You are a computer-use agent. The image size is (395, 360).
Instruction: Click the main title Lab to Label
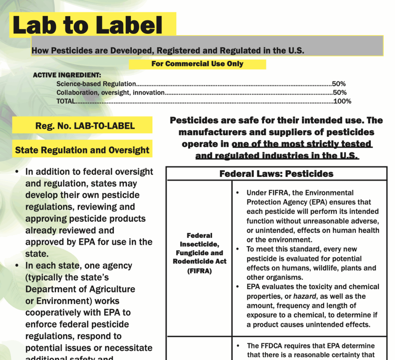(88, 26)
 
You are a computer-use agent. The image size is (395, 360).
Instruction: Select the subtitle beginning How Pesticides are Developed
(168, 50)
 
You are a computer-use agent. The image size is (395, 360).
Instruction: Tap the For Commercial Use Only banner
(197, 64)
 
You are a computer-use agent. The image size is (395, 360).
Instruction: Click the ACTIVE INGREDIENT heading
(67, 75)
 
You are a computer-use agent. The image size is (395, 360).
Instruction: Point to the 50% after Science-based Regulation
(339, 84)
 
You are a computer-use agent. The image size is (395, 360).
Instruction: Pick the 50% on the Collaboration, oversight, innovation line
(340, 93)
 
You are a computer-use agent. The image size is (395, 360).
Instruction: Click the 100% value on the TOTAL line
(343, 101)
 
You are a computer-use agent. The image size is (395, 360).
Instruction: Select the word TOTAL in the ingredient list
(66, 101)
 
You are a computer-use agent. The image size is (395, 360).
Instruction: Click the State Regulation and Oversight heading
(82, 150)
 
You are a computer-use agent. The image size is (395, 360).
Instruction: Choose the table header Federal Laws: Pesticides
(276, 174)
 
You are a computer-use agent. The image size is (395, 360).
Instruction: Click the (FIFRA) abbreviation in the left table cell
(199, 271)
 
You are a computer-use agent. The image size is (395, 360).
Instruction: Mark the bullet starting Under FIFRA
(238, 193)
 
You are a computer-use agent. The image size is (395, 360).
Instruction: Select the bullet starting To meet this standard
(238, 249)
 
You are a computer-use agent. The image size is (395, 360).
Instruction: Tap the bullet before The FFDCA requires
(238, 346)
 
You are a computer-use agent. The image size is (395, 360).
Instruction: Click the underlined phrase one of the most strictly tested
(302, 144)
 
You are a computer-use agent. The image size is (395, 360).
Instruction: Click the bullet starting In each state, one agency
(17, 266)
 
